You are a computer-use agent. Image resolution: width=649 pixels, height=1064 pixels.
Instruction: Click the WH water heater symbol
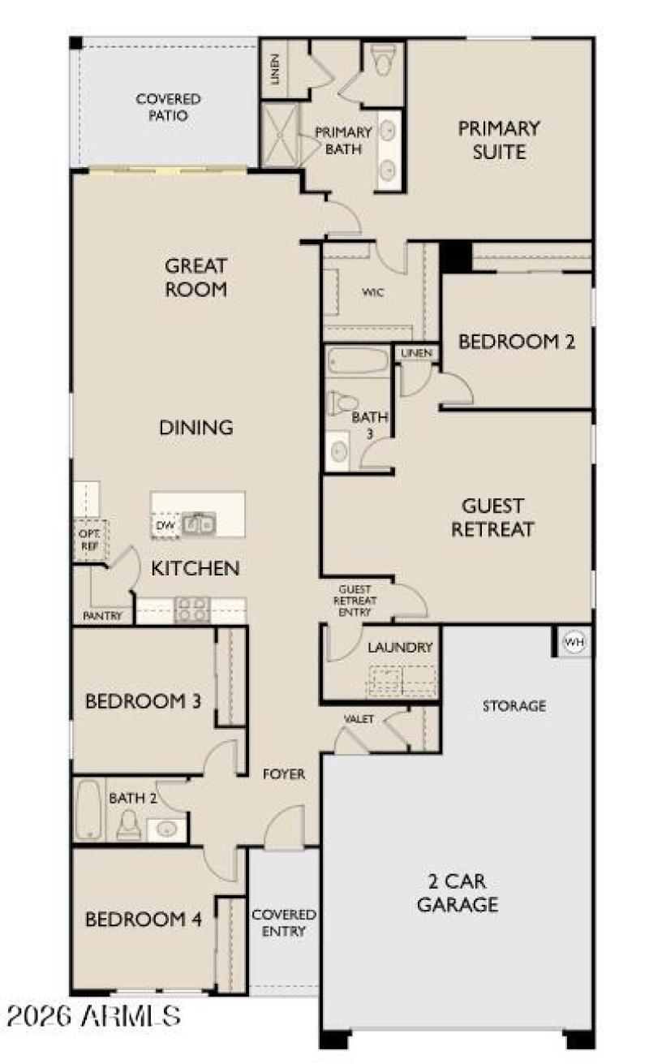pyautogui.click(x=574, y=643)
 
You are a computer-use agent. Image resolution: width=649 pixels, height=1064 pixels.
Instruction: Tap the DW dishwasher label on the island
pyautogui.click(x=165, y=525)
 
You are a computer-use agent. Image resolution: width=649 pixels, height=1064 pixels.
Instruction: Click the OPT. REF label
pyautogui.click(x=88, y=541)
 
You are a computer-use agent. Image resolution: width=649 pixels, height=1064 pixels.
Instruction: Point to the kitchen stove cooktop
pyautogui.click(x=193, y=609)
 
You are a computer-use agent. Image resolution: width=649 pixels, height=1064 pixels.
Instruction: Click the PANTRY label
pyautogui.click(x=103, y=616)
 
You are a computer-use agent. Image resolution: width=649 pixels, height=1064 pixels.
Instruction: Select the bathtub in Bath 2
pyautogui.click(x=88, y=809)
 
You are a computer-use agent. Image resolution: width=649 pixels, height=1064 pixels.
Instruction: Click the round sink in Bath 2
pyautogui.click(x=168, y=829)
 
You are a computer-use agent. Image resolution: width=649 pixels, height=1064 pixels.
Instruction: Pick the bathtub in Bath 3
pyautogui.click(x=357, y=361)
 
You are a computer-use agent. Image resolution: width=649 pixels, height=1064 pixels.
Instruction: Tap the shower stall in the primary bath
pyautogui.click(x=280, y=135)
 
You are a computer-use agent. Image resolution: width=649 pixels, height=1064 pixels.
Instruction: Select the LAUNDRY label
pyautogui.click(x=399, y=648)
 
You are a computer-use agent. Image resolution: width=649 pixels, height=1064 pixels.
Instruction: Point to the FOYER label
pyautogui.click(x=284, y=774)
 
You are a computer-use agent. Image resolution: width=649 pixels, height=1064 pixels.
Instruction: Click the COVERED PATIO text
pyautogui.click(x=168, y=107)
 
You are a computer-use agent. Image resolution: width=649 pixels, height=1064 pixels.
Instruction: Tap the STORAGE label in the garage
pyautogui.click(x=514, y=706)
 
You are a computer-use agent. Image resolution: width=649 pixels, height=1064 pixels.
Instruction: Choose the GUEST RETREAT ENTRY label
pyautogui.click(x=354, y=601)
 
